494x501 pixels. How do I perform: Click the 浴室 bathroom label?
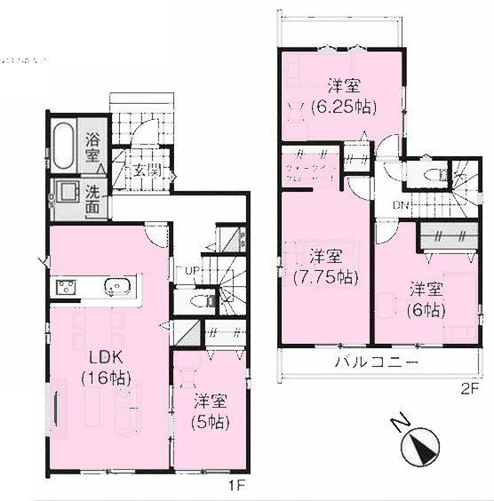(92, 147)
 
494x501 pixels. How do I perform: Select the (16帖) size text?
(105, 378)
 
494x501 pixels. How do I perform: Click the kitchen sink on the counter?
(118, 286)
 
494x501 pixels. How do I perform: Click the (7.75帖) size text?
(324, 276)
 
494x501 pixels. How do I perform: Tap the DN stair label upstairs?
(402, 207)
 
